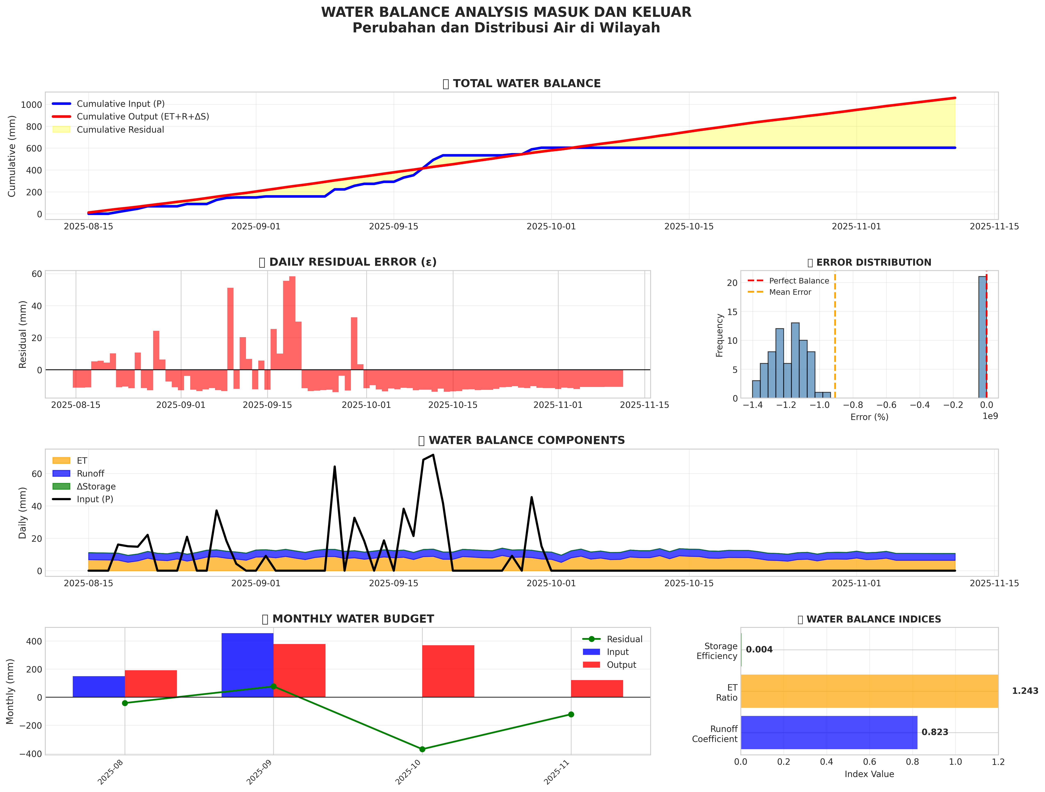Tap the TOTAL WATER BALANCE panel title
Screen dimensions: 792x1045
526,84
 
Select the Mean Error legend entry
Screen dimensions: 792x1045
790,292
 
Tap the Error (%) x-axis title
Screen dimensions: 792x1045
869,417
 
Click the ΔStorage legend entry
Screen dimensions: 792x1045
96,486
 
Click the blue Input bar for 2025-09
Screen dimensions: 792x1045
248,665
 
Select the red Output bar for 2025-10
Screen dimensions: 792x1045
448,671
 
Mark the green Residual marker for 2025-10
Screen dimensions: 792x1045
422,749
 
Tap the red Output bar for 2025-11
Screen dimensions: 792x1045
597,688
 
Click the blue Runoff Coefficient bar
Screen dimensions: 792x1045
829,733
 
